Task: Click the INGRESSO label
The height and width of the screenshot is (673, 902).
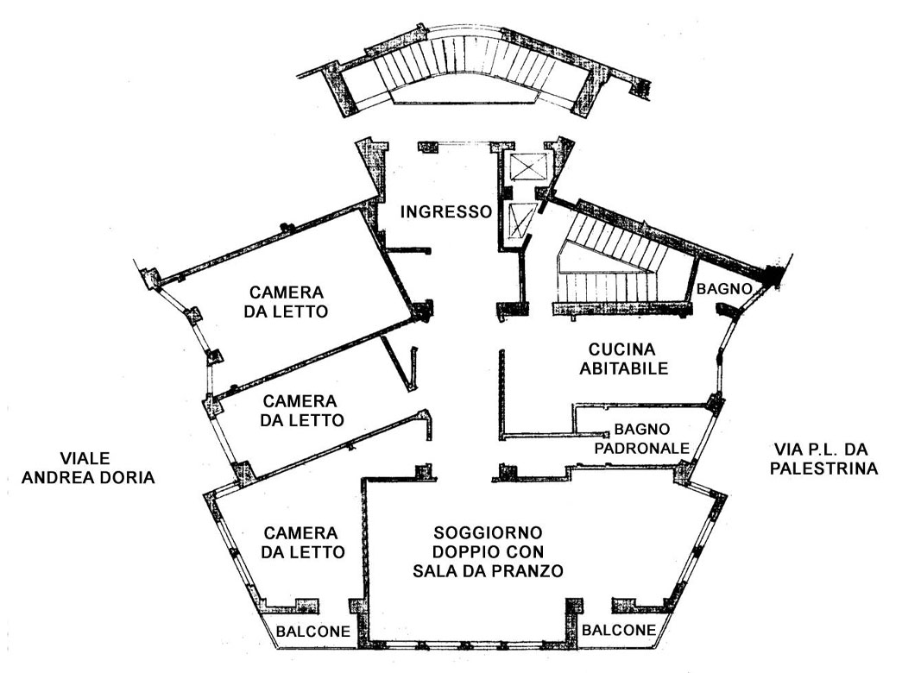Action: click(x=445, y=211)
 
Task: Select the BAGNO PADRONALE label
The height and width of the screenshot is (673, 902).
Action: click(x=649, y=438)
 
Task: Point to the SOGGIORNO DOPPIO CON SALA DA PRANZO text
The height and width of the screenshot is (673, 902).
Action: click(x=488, y=551)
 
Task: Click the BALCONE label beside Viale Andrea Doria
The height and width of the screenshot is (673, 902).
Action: click(x=312, y=632)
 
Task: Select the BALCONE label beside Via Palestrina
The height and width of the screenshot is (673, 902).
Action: click(x=618, y=630)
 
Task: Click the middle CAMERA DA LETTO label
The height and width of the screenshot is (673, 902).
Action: click(x=303, y=411)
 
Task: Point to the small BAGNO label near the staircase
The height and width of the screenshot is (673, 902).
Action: click(x=725, y=288)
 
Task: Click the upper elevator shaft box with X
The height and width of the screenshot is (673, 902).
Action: click(x=523, y=166)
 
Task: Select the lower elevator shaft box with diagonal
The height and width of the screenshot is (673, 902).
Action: click(x=520, y=222)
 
